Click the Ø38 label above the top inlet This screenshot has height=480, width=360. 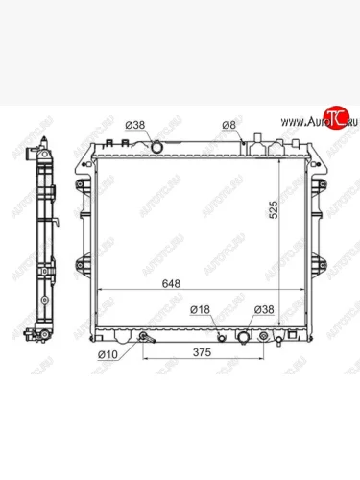pyautogui.click(x=135, y=125)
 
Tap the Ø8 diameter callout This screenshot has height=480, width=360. pyautogui.click(x=228, y=125)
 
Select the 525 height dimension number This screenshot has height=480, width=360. pyautogui.click(x=274, y=209)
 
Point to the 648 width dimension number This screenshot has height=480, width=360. pyautogui.click(x=171, y=283)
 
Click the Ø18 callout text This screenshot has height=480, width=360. pyautogui.click(x=200, y=309)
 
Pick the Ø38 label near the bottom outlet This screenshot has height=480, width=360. pyautogui.click(x=264, y=309)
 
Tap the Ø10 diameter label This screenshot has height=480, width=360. pyautogui.click(x=108, y=354)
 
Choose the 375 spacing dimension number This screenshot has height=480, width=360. pyautogui.click(x=203, y=352)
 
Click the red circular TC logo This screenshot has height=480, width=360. pyautogui.click(x=335, y=117)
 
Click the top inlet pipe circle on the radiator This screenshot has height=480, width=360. pyautogui.click(x=156, y=147)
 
